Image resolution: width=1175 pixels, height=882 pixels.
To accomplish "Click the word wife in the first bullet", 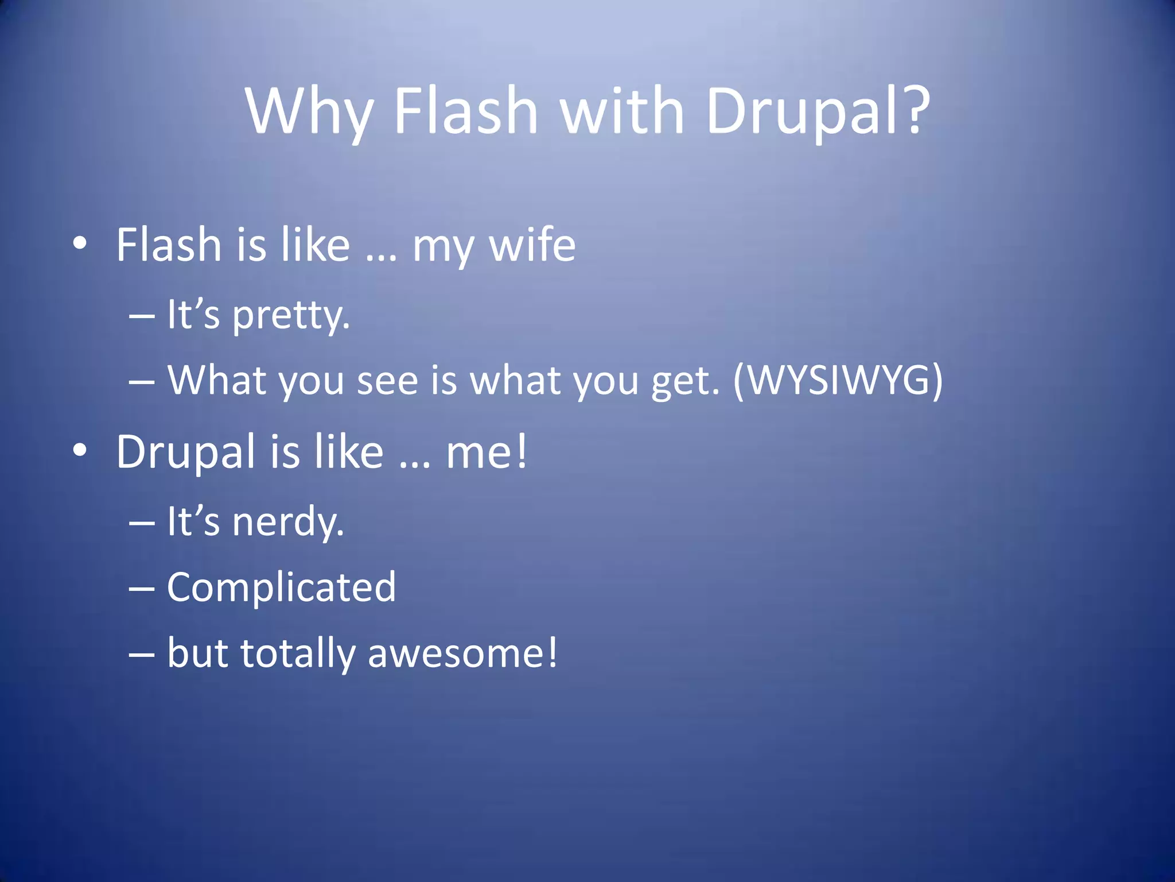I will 532,245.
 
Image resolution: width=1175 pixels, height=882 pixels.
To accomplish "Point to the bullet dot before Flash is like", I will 80,243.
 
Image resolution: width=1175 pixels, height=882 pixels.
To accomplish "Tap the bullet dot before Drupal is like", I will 80,450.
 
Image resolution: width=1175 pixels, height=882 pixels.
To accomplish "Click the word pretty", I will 291,315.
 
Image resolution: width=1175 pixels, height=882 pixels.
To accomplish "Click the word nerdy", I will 288,522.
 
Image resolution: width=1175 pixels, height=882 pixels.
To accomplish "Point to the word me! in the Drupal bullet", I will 487,452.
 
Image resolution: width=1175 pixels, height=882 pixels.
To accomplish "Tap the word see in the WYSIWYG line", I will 387,381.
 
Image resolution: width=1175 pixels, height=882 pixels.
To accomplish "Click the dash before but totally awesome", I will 142,655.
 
